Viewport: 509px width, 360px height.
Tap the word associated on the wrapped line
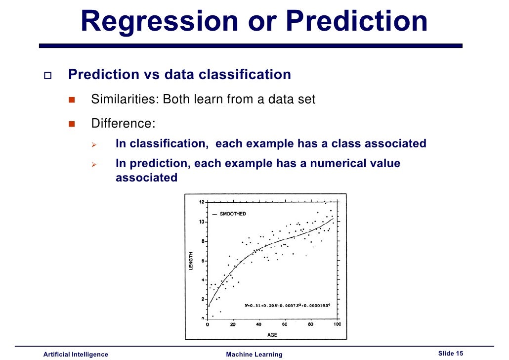[x=146, y=178]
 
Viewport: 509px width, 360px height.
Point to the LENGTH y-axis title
[x=191, y=261]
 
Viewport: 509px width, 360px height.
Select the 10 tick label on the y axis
[x=202, y=222]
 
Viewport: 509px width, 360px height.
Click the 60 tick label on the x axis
[x=285, y=324]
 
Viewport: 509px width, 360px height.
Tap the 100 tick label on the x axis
[x=337, y=324]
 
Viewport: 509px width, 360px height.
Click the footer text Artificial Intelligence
[x=76, y=354]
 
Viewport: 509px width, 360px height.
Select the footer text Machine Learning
[x=254, y=354]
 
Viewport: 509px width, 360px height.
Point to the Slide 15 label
[x=451, y=353]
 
